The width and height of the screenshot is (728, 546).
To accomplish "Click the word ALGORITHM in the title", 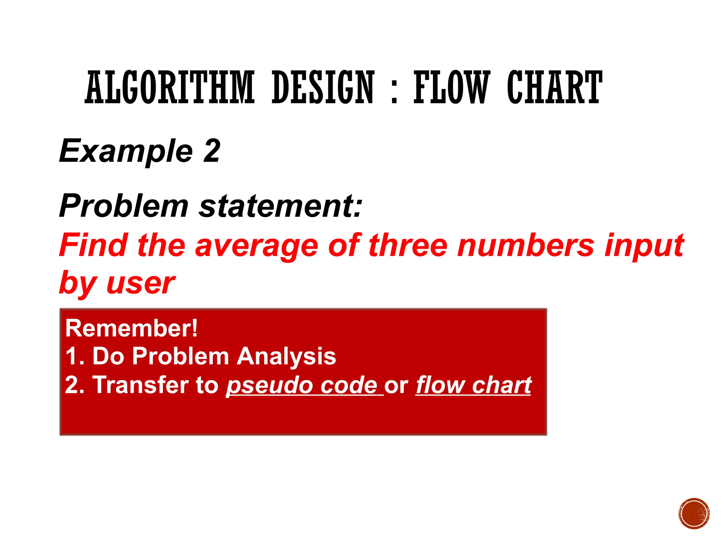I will click(170, 87).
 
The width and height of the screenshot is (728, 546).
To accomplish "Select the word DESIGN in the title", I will click(323, 87).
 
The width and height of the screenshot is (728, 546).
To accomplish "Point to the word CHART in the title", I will click(555, 87).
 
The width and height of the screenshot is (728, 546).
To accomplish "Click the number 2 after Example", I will click(212, 151).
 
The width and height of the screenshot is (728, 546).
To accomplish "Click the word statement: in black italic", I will click(280, 206).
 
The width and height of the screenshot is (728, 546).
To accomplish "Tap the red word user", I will click(140, 284).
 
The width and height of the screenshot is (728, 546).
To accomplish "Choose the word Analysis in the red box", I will click(286, 357).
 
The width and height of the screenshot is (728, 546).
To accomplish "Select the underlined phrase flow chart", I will click(473, 385).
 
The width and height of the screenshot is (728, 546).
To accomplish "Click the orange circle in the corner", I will click(694, 514).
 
